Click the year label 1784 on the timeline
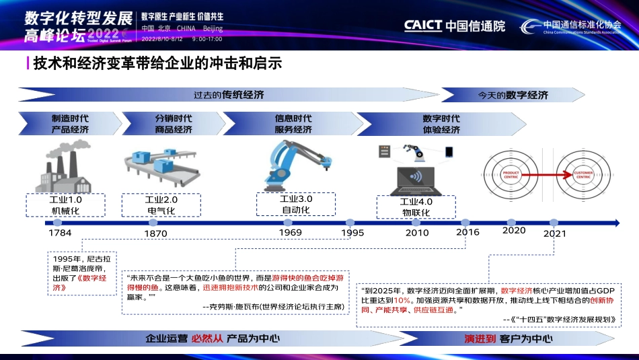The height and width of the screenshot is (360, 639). coord(60,233)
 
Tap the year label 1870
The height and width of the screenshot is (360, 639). coord(155,233)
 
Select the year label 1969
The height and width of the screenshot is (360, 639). coord(291,232)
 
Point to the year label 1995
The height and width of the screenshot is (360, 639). coord(352,232)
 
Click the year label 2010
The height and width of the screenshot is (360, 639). coord(416,233)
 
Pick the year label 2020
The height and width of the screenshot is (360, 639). coord(514,230)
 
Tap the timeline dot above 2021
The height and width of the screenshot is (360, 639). coord(554,221)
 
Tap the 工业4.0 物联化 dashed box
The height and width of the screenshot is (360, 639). coord(416,207)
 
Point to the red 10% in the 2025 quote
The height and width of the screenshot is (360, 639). coord(402,300)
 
